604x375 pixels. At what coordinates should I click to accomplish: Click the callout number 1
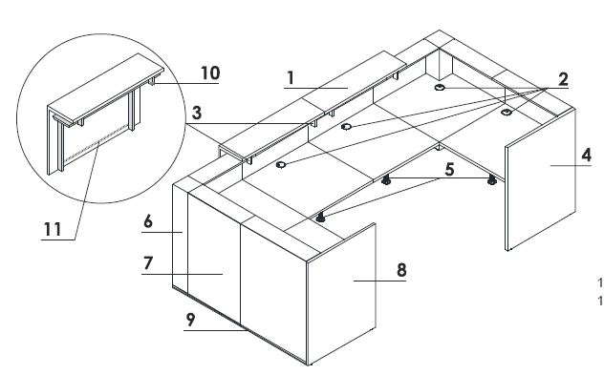pos(291,78)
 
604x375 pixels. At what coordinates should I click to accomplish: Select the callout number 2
pos(563,79)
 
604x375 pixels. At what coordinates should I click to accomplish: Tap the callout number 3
pos(197,114)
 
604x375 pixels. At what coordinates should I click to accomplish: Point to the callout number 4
pos(586,155)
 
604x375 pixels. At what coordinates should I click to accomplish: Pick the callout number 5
pos(449,170)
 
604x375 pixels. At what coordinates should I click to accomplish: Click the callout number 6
pos(148,221)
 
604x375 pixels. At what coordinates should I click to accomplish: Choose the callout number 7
pos(148,263)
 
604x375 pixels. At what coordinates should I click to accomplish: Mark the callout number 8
pos(401,270)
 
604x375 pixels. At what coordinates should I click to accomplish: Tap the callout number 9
pos(191,320)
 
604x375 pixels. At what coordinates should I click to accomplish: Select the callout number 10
pos(210,73)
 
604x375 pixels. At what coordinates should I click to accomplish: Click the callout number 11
pos(53,230)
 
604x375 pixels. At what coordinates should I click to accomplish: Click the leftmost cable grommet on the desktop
pos(281,165)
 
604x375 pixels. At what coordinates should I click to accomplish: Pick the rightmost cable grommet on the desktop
pos(507,112)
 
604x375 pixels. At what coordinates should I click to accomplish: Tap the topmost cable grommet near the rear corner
pos(440,87)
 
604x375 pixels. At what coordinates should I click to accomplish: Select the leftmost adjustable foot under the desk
pos(320,218)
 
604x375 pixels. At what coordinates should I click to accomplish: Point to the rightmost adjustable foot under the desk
pos(492,179)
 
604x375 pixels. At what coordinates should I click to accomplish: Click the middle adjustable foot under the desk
pos(386,180)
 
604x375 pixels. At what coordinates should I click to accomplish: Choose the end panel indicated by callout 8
pos(341,294)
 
